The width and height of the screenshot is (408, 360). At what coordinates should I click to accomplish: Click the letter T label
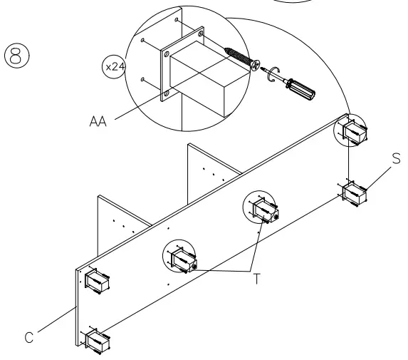click(x=258, y=279)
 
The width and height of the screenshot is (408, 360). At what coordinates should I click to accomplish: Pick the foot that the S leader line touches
click(x=352, y=193)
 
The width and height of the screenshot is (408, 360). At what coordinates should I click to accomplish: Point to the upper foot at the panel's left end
click(x=95, y=279)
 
